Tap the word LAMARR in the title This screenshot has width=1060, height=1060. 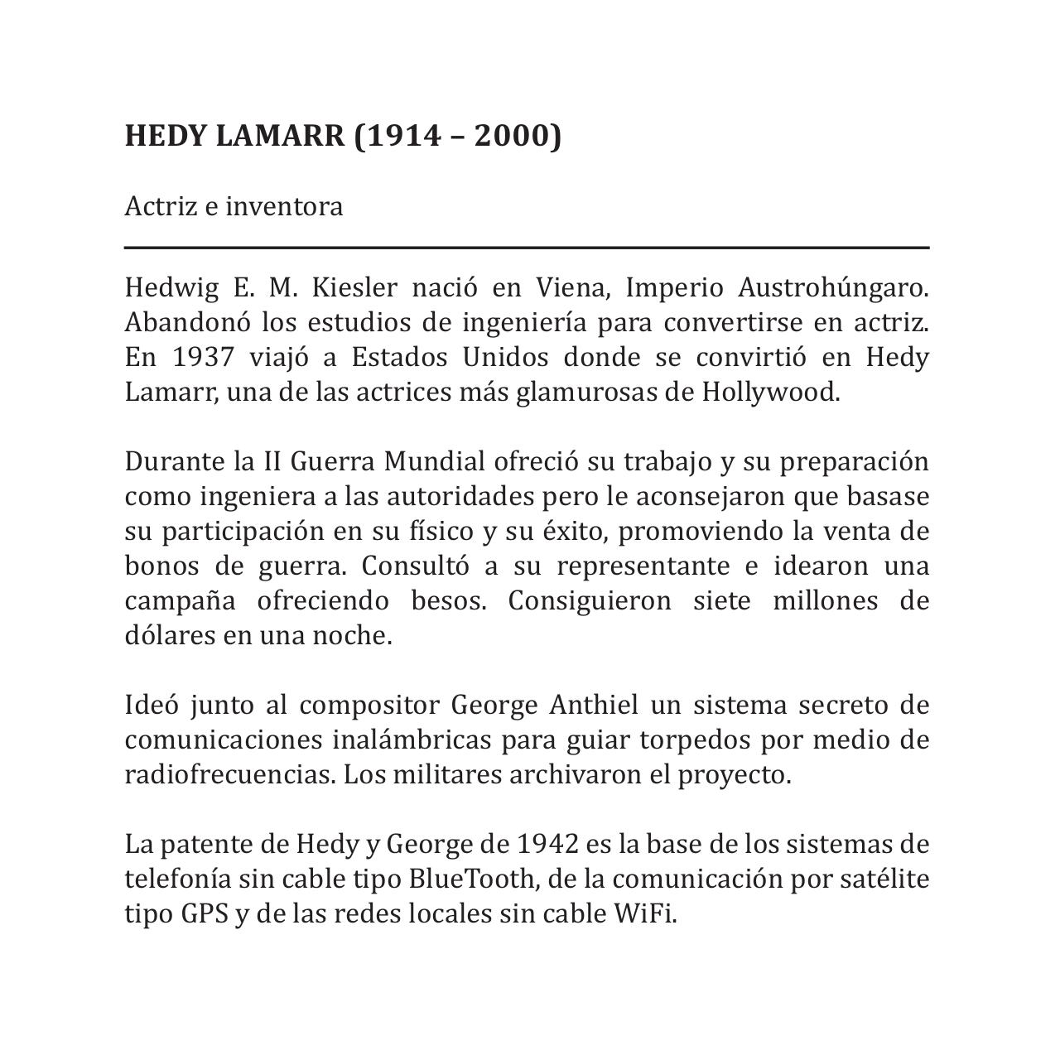point(279,135)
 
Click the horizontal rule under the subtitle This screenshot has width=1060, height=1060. point(527,247)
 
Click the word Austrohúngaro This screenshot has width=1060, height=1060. point(833,287)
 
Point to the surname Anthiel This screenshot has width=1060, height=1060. point(593,705)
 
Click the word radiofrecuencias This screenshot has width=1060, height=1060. point(230,774)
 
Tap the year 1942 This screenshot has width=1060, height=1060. point(547,844)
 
